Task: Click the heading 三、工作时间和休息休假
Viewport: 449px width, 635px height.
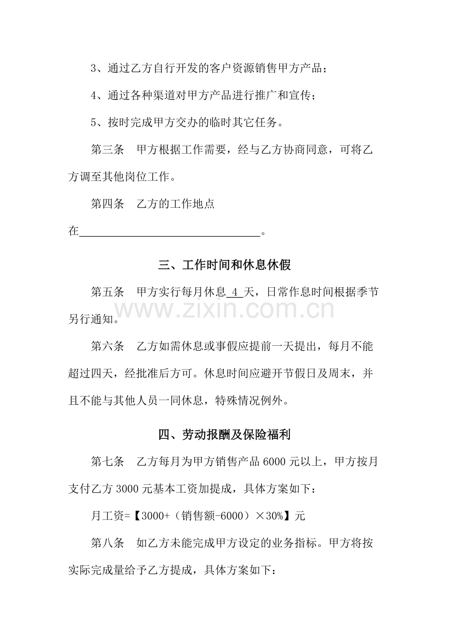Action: point(224,265)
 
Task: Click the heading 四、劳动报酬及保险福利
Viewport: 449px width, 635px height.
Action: point(224,435)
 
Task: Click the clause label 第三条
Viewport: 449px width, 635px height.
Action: point(107,150)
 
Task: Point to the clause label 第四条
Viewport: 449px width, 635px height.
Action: point(107,204)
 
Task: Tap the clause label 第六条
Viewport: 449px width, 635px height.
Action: point(107,347)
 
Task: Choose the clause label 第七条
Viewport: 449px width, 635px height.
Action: point(107,462)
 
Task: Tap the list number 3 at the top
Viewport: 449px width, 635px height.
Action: point(94,69)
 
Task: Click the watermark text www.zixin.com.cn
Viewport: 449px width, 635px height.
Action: point(224,309)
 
